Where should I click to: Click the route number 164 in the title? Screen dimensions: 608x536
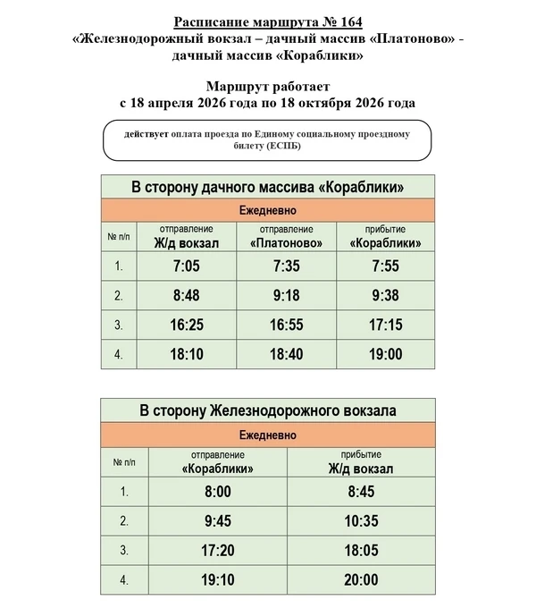[364, 21]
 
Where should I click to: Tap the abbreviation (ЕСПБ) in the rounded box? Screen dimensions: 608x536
[281, 148]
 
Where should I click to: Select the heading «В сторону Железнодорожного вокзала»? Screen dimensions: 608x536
[269, 411]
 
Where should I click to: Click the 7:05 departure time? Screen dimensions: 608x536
[186, 266]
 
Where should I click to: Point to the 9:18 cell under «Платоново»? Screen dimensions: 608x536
[287, 295]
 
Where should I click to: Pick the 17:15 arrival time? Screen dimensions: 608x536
[386, 325]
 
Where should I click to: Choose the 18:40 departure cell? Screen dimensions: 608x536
[287, 354]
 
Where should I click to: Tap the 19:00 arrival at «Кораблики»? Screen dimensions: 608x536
[386, 354]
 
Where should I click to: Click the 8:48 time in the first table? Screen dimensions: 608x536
[186, 295]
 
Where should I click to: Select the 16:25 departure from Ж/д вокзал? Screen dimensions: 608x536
[186, 325]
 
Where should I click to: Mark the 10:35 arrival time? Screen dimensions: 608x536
[361, 520]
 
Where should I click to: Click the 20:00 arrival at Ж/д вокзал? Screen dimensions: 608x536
[361, 580]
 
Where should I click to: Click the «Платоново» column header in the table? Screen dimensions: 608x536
[287, 242]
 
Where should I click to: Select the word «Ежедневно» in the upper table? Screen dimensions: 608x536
[269, 211]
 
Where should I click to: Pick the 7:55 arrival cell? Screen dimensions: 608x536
[386, 266]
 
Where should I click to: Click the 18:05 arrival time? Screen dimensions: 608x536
[361, 551]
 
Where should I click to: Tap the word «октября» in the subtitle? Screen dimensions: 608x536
[325, 103]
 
